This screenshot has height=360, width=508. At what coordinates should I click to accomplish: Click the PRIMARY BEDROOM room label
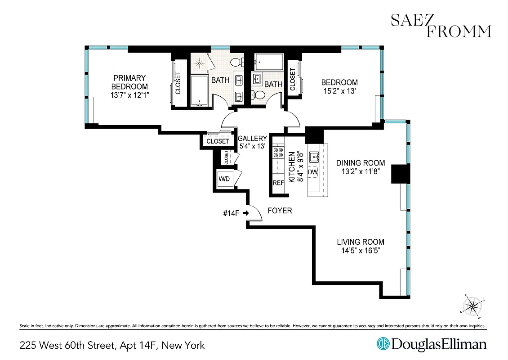129,82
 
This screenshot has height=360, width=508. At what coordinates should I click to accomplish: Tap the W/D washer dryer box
224,179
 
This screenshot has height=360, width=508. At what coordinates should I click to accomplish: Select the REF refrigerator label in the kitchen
278,183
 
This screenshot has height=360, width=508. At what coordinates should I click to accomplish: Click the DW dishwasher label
313,172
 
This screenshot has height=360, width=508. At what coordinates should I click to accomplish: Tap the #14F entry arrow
246,213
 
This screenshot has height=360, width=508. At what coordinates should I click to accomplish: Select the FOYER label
280,211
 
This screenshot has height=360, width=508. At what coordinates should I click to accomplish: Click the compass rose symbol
472,306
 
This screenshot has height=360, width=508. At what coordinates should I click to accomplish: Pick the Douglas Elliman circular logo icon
383,344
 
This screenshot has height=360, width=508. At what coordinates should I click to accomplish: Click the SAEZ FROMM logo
441,26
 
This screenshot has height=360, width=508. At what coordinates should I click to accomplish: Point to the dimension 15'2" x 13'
339,91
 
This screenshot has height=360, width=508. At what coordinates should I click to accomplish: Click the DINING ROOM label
361,163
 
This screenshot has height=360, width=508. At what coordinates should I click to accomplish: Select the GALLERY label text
252,139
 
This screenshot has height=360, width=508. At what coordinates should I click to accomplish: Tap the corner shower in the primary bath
200,63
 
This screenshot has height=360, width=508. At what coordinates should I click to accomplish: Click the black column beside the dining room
401,174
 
